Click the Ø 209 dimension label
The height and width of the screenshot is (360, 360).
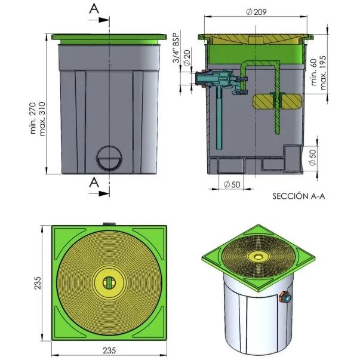coord(256,12)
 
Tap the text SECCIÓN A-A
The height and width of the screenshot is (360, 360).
coord(299,196)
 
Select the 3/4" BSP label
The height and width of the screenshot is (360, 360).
coord(177,48)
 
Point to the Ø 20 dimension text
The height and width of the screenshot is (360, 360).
coord(187,58)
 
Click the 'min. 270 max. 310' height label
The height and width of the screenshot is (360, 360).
coord(38,119)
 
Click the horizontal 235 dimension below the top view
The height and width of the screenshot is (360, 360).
coord(109,350)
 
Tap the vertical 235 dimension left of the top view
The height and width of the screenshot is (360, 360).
coord(38,282)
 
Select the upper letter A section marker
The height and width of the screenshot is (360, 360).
coord(94,9)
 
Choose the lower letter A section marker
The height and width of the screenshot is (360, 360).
coord(94,183)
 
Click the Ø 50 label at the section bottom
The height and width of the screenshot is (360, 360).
coord(232,184)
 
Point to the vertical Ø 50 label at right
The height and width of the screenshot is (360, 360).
coord(312,157)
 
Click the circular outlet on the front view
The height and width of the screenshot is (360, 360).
coord(109,158)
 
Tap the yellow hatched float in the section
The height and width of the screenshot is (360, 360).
coord(278,101)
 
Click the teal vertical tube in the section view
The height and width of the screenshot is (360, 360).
coord(219,119)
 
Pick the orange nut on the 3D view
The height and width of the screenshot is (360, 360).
coord(282,297)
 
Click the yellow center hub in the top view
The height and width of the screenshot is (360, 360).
coord(109,282)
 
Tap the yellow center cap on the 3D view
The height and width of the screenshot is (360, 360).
coord(258,256)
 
